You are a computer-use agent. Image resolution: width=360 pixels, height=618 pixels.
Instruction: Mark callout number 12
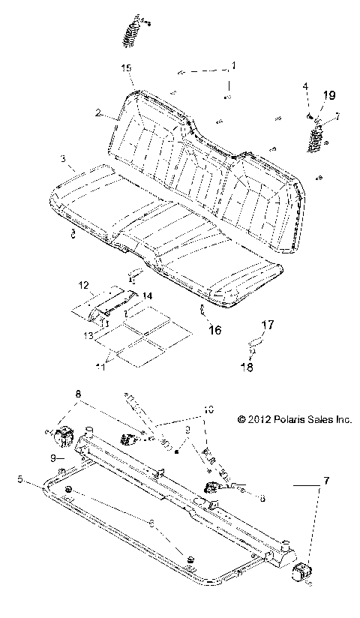coord(84,286)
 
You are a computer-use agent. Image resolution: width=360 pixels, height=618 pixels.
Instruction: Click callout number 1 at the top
coord(232,66)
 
